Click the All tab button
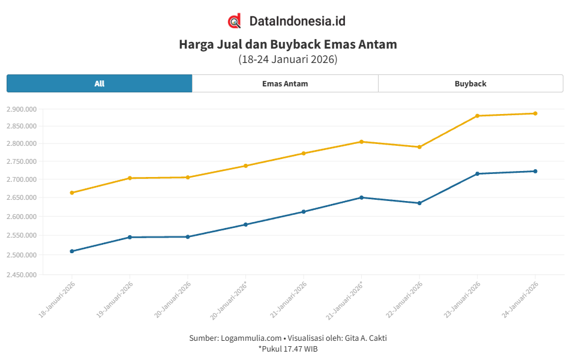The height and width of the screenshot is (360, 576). (x=100, y=83)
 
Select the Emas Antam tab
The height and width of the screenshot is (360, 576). (x=285, y=83)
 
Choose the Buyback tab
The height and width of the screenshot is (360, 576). (x=470, y=83)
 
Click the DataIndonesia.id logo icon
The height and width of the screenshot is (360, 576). (x=235, y=21)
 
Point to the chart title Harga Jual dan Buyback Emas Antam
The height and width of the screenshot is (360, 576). (x=288, y=44)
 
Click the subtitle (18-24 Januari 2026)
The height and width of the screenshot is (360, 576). (x=288, y=59)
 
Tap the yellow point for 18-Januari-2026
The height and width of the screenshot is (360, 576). (x=72, y=193)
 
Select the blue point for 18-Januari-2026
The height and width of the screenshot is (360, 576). (x=72, y=251)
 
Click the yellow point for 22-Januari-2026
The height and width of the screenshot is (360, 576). (x=419, y=147)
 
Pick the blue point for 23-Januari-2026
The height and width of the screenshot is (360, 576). (x=477, y=174)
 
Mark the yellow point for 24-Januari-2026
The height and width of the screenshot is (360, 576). (x=535, y=113)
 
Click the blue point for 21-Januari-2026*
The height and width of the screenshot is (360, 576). (x=361, y=197)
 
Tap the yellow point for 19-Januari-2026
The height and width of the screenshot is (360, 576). (x=130, y=178)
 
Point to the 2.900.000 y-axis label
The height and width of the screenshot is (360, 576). (x=22, y=109)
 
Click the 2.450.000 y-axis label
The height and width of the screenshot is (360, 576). (x=22, y=275)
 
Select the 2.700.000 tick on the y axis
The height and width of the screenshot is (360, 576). (x=22, y=179)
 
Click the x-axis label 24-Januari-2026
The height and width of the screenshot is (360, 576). (x=520, y=299)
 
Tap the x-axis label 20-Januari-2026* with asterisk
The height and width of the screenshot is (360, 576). (x=230, y=299)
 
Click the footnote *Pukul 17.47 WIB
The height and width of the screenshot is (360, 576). (x=288, y=348)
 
